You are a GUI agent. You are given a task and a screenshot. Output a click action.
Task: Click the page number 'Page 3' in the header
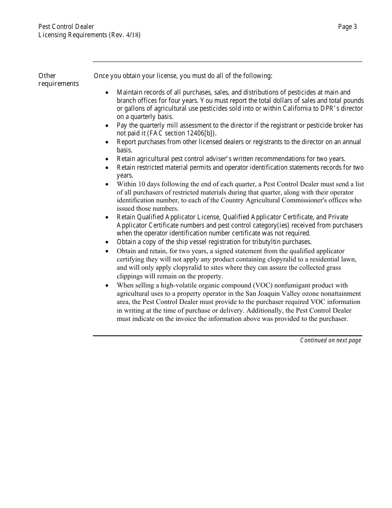(347, 27)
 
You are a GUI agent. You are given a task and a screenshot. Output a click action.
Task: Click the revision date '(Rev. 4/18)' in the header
(125, 35)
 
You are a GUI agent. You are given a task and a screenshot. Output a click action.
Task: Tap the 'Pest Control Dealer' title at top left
(66, 27)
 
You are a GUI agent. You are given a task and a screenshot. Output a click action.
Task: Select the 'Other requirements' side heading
(58, 80)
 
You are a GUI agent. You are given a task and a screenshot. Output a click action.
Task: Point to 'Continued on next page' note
(331, 340)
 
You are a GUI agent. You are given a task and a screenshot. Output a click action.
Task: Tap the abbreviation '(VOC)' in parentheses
(263, 285)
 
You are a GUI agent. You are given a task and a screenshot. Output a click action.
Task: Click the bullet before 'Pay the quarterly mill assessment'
(108, 126)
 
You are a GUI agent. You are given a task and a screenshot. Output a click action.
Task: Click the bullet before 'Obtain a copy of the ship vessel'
(108, 242)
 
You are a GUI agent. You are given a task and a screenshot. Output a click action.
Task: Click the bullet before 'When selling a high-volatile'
(108, 286)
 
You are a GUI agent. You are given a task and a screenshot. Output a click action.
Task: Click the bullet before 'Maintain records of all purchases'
(108, 93)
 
